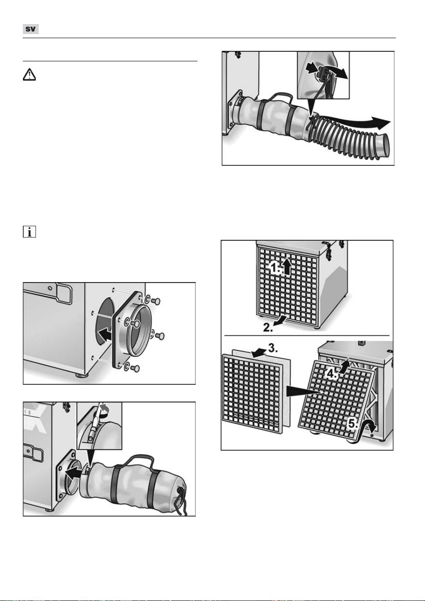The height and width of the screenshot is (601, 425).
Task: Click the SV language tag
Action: pyautogui.click(x=30, y=29)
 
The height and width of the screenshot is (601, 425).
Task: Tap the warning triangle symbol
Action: pyautogui.click(x=29, y=75)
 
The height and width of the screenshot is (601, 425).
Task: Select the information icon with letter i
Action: pyautogui.click(x=29, y=232)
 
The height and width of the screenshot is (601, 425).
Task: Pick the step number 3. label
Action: pyautogui.click(x=273, y=348)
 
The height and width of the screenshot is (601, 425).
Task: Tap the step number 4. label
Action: pyautogui.click(x=332, y=373)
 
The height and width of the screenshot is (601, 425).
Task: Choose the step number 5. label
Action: pyautogui.click(x=353, y=424)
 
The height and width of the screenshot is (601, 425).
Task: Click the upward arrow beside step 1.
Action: pyautogui.click(x=288, y=266)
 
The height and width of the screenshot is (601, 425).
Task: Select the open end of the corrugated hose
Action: pyautogui.click(x=386, y=145)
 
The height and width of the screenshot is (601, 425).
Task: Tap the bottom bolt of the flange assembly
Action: pyautogui.click(x=136, y=368)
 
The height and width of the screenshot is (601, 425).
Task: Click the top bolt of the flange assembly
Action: pyautogui.click(x=156, y=301)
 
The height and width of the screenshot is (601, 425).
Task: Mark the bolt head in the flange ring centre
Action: pyautogui.click(x=136, y=324)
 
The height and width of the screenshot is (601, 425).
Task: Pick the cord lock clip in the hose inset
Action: pyautogui.click(x=323, y=72)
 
